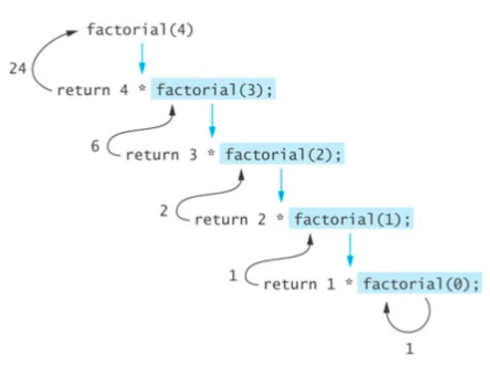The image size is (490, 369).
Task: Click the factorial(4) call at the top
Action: click(140, 30)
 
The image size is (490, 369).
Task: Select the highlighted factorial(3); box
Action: click(213, 89)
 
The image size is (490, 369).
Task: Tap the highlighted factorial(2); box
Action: click(282, 154)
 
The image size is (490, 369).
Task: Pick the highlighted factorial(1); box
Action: click(351, 219)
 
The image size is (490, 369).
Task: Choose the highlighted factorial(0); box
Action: click(420, 283)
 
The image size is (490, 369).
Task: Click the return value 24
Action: click(18, 68)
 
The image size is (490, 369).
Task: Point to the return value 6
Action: click(95, 146)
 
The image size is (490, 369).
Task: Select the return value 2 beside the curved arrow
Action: click(164, 211)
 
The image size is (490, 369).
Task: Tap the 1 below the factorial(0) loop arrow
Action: click(409, 349)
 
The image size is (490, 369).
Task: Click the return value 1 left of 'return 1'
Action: click(233, 275)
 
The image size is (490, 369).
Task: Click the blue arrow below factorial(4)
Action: click(142, 58)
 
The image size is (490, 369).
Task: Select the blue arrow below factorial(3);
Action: click(212, 120)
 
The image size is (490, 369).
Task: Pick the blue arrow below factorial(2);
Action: click(281, 185)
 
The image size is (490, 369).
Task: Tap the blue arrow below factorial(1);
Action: click(350, 250)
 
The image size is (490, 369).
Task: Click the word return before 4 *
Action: click(84, 90)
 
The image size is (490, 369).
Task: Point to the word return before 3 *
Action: click(153, 155)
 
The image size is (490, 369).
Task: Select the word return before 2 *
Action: click(222, 220)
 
